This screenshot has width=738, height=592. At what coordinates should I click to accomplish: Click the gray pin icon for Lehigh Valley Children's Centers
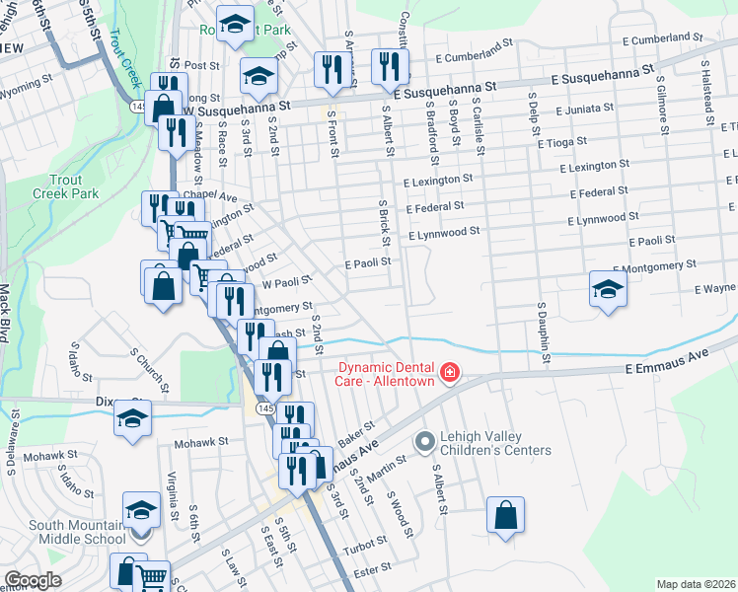425,441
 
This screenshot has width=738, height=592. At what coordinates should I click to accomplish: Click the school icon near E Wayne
608,288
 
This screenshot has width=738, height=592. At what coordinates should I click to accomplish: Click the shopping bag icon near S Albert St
505,515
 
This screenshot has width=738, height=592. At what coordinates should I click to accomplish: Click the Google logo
32,580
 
